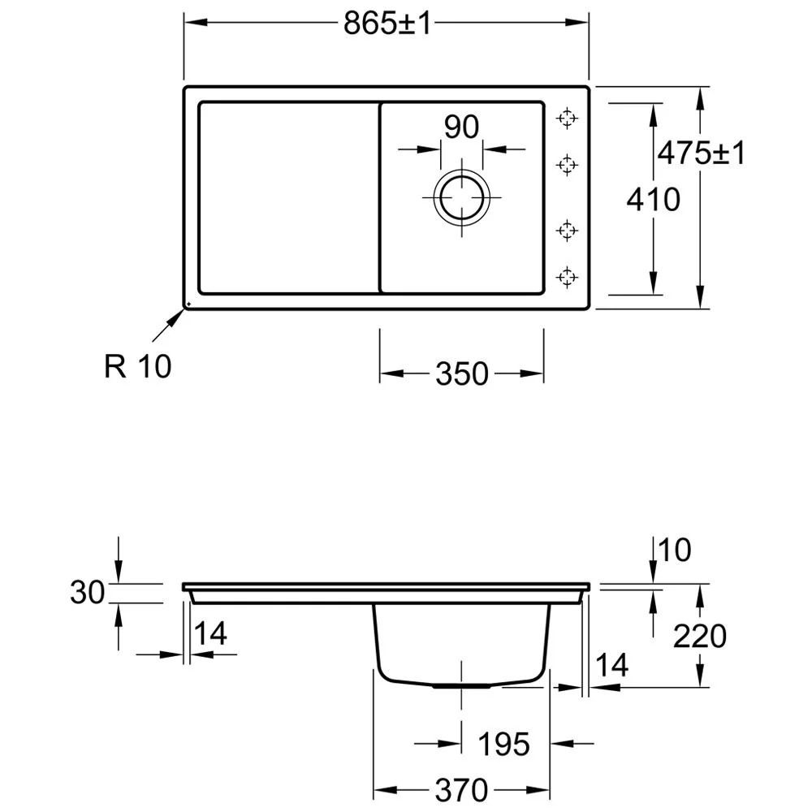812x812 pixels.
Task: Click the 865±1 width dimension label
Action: tap(387, 24)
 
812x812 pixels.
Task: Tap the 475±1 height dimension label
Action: tap(702, 153)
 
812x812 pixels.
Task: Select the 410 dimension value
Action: tap(653, 200)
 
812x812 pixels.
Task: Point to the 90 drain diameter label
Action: tap(461, 127)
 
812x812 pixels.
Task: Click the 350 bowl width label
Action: tap(462, 374)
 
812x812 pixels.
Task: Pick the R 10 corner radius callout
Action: tap(138, 366)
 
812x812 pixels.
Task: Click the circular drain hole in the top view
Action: tap(461, 198)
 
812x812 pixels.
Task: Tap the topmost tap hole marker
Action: tap(567, 119)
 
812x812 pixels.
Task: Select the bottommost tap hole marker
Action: tap(567, 277)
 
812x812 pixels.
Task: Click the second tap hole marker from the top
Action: tap(567, 165)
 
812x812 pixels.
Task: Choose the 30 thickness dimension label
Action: tap(88, 593)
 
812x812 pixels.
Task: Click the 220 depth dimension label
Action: tap(700, 636)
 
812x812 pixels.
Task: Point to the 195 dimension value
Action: tap(503, 744)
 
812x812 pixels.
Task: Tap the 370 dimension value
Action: tap(461, 790)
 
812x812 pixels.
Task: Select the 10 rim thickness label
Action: tap(675, 550)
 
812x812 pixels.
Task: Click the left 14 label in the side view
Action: tap(210, 633)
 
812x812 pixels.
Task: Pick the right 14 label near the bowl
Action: tap(612, 665)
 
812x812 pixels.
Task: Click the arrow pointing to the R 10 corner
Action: tap(168, 326)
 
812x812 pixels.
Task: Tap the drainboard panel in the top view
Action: tap(289, 198)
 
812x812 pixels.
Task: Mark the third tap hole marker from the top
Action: tap(567, 230)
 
